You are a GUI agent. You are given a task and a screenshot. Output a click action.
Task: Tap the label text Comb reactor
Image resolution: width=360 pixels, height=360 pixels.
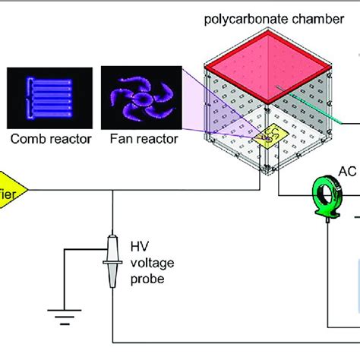pos(51,139)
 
